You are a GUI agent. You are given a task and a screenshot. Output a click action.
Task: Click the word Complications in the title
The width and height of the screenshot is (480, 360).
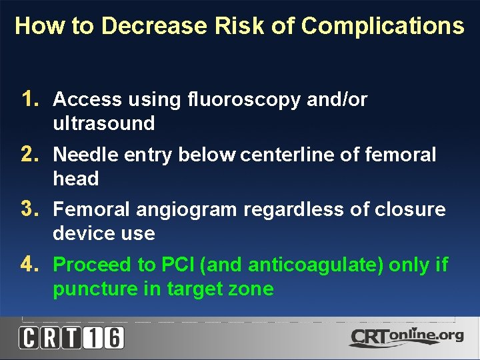[x=383, y=27]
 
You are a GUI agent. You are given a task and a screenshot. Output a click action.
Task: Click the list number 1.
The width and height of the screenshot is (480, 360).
[x=30, y=99]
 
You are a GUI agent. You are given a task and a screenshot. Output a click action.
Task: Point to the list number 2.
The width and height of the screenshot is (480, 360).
[x=30, y=155]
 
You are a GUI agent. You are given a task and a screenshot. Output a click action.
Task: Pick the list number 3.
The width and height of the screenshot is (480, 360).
[x=30, y=209]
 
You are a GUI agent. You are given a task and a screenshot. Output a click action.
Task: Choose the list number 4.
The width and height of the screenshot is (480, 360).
[x=30, y=265]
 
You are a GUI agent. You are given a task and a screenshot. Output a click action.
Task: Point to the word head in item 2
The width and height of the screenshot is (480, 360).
[x=75, y=179]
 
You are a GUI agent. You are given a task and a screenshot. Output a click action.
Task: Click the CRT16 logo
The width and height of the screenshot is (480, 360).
[x=71, y=337]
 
